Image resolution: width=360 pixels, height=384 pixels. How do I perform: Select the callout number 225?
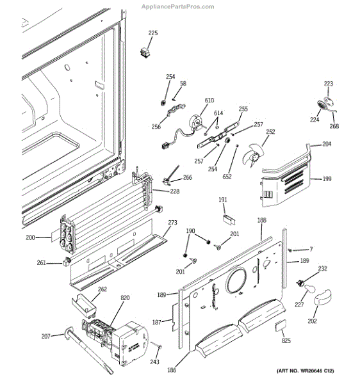pyautogui.click(x=152, y=33)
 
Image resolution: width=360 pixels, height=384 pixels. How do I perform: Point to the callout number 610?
pyautogui.click(x=209, y=100)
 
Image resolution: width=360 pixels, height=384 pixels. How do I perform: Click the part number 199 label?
pyautogui.click(x=327, y=179)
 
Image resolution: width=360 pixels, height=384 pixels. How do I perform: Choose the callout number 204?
pyautogui.click(x=327, y=145)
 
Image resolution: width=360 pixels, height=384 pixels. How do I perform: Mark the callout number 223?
pyautogui.click(x=328, y=84)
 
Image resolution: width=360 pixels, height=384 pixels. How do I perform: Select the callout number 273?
pyautogui.click(x=172, y=223)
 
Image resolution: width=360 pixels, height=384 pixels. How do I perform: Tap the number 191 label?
pyautogui.click(x=223, y=200)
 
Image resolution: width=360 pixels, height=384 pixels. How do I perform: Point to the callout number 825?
pyautogui.click(x=286, y=341)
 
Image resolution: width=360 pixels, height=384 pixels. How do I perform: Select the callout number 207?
pyautogui.click(x=45, y=336)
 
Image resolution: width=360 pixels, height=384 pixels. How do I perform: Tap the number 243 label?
pyautogui.click(x=154, y=362)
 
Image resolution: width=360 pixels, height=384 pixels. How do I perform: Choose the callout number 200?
pyautogui.click(x=47, y=237)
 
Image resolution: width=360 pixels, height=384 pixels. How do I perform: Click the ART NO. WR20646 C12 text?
pyautogui.click(x=306, y=372)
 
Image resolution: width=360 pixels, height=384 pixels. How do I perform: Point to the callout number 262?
pyautogui.click(x=102, y=289)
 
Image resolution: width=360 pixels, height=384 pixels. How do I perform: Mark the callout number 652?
pyautogui.click(x=227, y=177)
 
